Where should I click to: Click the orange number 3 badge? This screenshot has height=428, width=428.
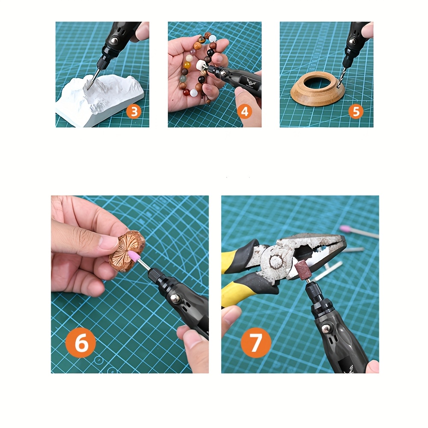pyautogui.click(x=134, y=112)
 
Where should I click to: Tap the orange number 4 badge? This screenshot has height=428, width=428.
pyautogui.click(x=244, y=112)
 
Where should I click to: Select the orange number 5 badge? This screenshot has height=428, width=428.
pyautogui.click(x=356, y=112)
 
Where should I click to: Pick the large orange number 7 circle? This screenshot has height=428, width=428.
pyautogui.click(x=256, y=343)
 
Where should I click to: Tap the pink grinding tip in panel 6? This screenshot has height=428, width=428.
pyautogui.click(x=134, y=257)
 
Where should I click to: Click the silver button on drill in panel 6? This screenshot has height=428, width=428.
pyautogui.click(x=175, y=297)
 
